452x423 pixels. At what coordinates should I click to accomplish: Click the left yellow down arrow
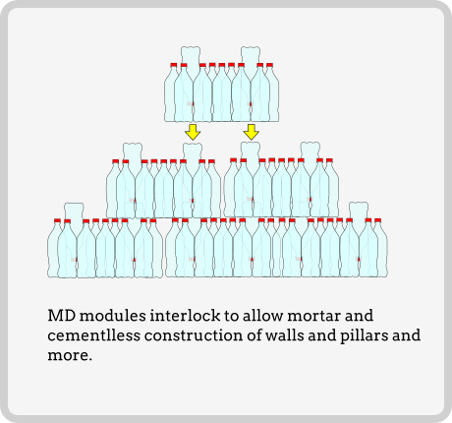[x=193, y=132]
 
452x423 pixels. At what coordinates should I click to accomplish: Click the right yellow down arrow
[x=252, y=132]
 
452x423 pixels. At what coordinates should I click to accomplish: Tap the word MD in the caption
[x=62, y=316]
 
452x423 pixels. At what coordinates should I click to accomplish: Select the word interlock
[x=185, y=316]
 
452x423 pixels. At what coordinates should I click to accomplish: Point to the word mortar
[x=313, y=316]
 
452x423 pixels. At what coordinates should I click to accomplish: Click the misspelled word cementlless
[x=94, y=335]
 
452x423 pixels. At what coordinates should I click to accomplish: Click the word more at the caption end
[x=68, y=356]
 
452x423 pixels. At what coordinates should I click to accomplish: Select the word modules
[x=113, y=316]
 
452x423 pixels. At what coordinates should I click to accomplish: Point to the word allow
[x=262, y=316]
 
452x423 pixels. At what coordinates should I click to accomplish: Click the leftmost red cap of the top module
[x=174, y=65]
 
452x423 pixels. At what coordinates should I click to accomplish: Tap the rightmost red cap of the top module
[x=269, y=65]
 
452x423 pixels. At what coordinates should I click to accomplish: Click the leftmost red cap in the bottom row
[x=57, y=220]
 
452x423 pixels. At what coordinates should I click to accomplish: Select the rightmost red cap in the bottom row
[x=377, y=220]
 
